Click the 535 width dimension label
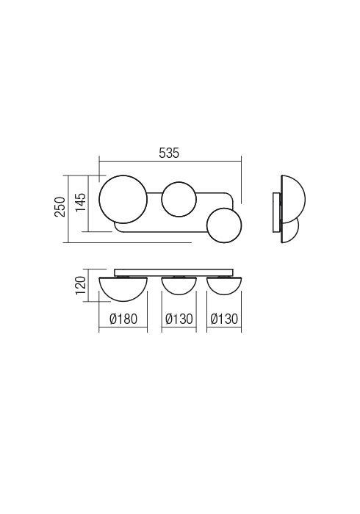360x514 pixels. click(169, 153)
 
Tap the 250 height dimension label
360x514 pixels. click(60, 207)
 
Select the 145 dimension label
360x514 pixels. click(80, 203)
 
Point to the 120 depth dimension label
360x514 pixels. click(80, 285)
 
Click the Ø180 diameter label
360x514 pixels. click(123, 318)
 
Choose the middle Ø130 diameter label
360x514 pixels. click(179, 318)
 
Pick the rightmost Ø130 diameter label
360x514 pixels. click(224, 318)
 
